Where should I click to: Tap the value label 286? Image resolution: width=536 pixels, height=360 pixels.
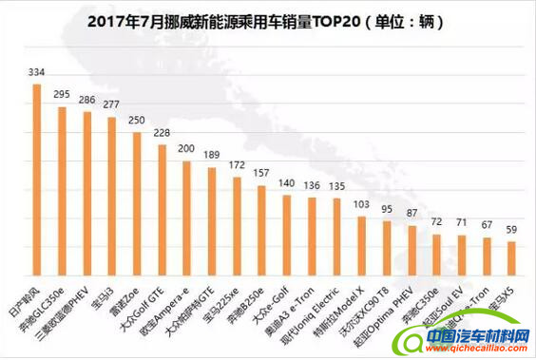pyautogui.click(x=86, y=99)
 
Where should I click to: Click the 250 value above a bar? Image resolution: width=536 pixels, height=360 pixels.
pyautogui.click(x=136, y=122)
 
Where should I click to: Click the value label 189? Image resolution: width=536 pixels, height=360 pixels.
pyautogui.click(x=212, y=155)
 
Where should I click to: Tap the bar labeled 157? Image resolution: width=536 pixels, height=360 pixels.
pyautogui.click(x=261, y=229)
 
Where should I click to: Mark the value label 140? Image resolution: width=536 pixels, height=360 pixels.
pyautogui.click(x=286, y=182)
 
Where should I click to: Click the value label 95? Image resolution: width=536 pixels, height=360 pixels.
pyautogui.click(x=387, y=209)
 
